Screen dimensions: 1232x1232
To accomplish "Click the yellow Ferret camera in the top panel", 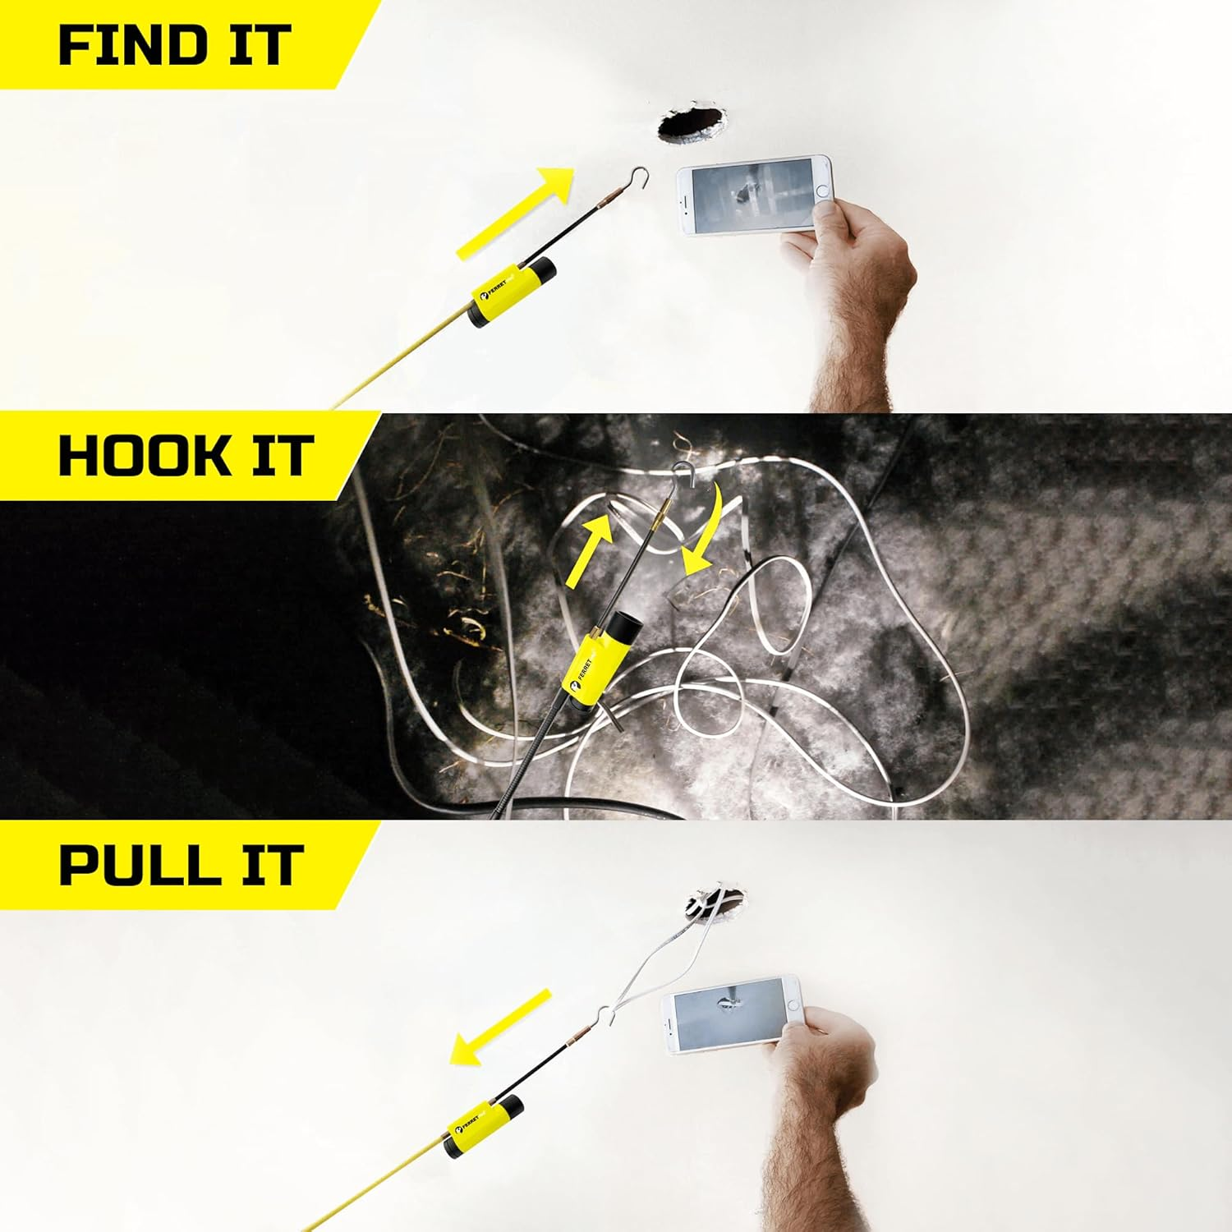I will tap(508, 293).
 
